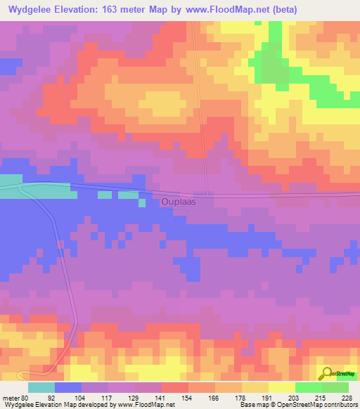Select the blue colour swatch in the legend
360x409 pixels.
67,387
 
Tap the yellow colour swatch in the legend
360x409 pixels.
281,387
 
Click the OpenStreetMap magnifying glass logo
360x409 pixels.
327,373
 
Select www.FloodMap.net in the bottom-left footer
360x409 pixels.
146,405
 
